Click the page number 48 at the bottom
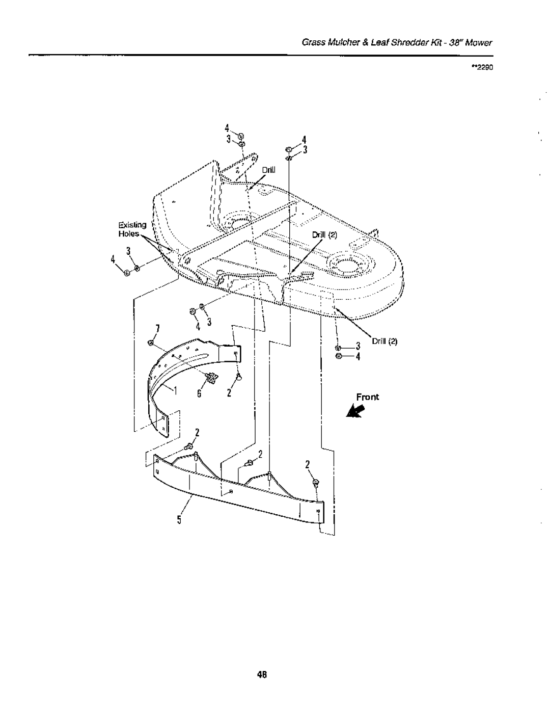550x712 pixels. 262,674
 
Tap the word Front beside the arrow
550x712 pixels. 367,397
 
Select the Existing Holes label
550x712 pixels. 132,229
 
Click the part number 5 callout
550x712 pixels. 179,520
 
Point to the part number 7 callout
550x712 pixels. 157,328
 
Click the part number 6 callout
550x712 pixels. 199,393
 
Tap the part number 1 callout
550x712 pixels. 176,390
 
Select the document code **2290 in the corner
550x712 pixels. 482,67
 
